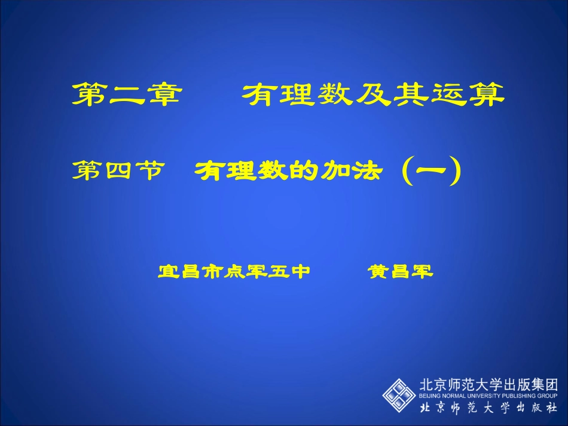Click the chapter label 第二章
(126, 94)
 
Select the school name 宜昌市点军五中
(234, 272)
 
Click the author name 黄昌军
(400, 272)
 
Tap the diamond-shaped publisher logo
(399, 395)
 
